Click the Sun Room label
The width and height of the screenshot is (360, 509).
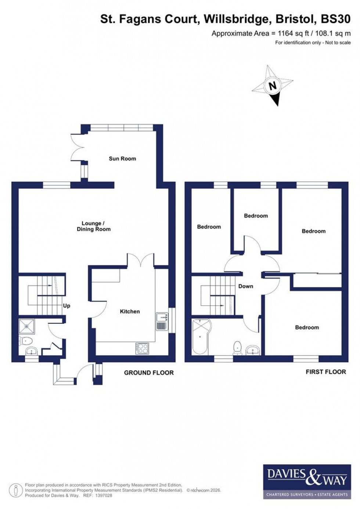(122, 159)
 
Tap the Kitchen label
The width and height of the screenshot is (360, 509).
(130, 312)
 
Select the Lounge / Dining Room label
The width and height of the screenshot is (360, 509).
(93, 226)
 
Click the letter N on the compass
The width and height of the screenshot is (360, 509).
(272, 86)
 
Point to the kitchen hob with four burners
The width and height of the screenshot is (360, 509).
(142, 348)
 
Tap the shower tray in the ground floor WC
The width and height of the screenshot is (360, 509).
(26, 326)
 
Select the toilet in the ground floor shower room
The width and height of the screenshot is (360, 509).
(26, 341)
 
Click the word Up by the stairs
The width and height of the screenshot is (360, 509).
(66, 306)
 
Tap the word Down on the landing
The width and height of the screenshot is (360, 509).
(245, 286)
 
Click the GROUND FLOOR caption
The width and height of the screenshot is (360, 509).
(149, 373)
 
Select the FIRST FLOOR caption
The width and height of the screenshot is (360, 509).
(326, 372)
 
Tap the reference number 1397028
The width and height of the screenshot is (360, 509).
(104, 495)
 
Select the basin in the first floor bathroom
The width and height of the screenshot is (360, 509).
(253, 350)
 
